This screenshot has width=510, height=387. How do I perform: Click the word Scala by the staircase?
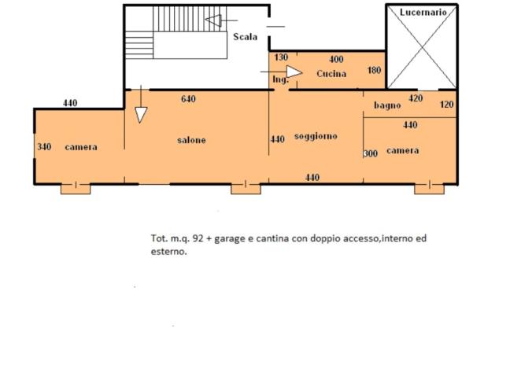click(246, 37)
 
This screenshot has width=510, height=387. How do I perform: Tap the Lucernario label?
click(423, 13)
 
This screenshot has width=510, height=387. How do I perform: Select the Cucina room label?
click(331, 74)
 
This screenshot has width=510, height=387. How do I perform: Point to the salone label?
click(191, 140)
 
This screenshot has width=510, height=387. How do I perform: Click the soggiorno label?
click(316, 136)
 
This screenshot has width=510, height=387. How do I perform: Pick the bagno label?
click(387, 105)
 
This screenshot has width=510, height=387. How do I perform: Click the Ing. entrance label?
click(280, 79)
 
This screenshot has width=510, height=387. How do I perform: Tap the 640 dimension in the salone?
click(188, 99)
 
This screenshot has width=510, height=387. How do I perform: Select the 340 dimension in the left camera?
click(44, 147)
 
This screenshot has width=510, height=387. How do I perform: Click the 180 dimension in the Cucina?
click(374, 70)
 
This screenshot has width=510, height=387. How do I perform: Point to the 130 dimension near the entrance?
click(281, 57)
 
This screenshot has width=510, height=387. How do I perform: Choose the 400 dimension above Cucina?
click(336, 59)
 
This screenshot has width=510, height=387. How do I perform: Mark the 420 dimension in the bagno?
click(416, 98)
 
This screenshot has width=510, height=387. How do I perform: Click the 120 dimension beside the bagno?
click(446, 105)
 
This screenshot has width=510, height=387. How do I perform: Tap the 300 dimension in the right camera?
click(371, 153)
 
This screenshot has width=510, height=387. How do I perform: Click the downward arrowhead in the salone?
click(141, 115)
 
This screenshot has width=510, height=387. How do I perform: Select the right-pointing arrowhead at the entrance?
click(294, 72)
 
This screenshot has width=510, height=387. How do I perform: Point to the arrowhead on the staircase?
click(214, 20)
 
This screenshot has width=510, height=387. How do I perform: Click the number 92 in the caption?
click(198, 238)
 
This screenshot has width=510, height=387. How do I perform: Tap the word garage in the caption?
click(229, 239)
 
